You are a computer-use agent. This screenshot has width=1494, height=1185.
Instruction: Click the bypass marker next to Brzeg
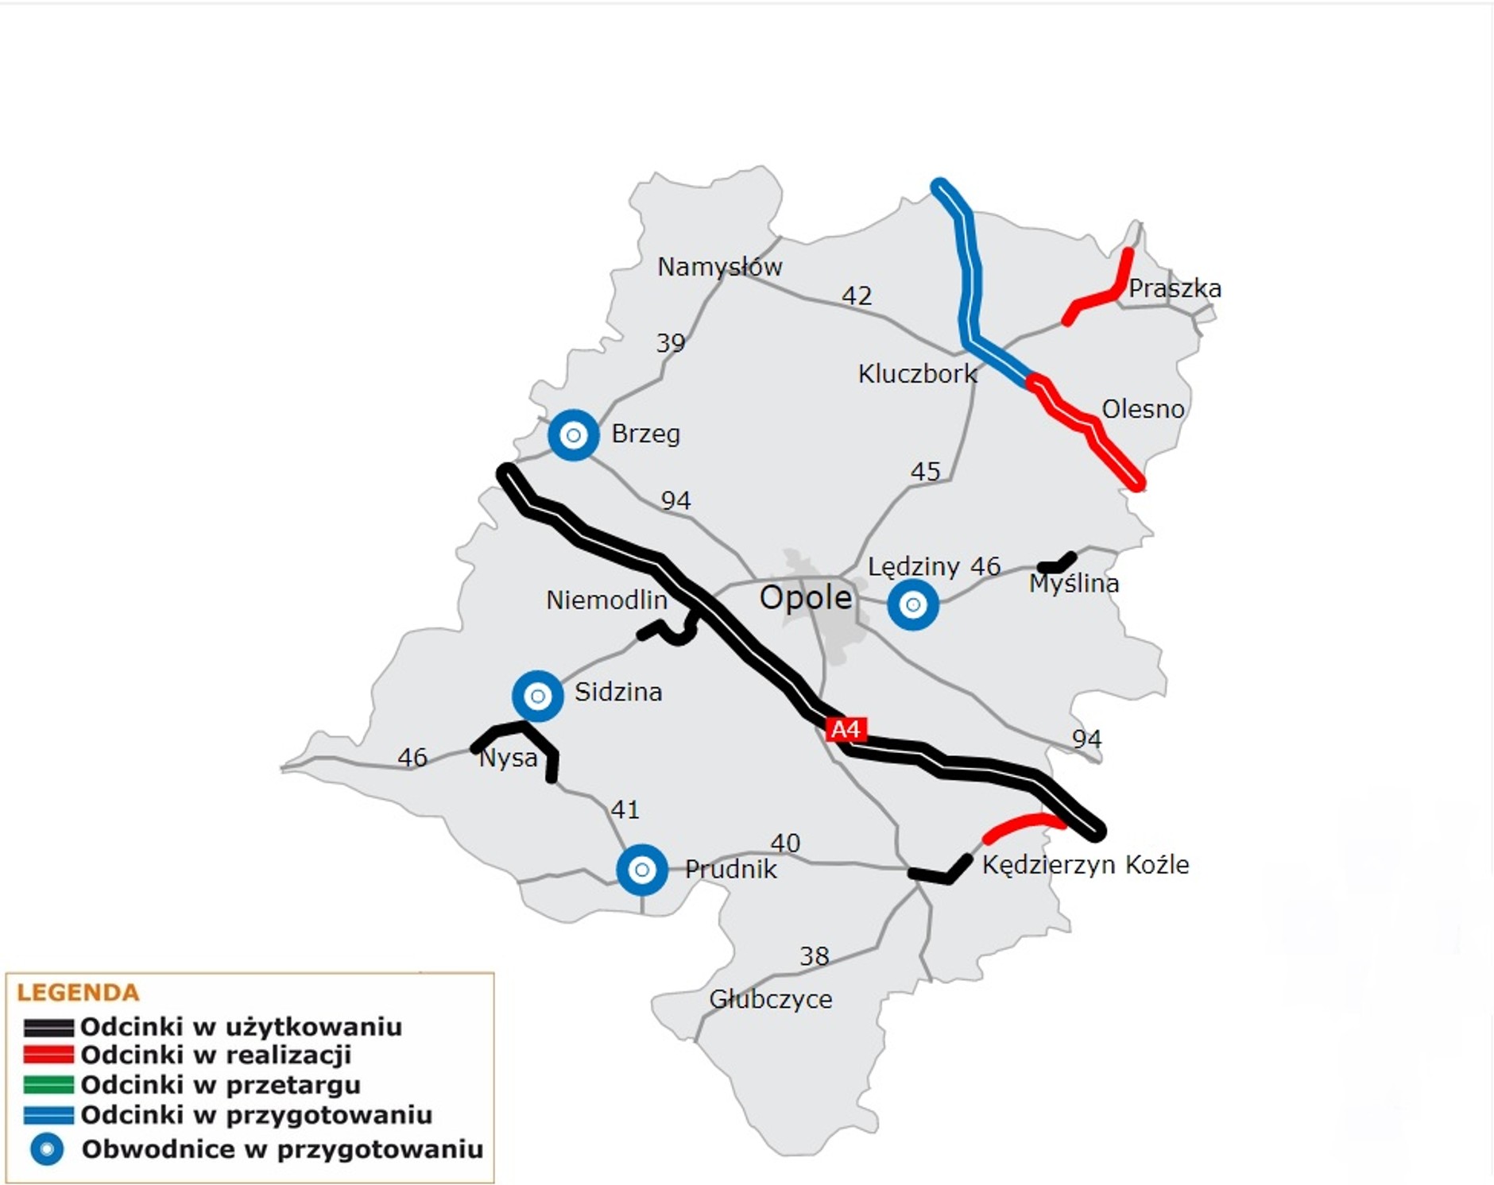click(573, 435)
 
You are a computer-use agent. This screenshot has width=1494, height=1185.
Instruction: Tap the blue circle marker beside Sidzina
click(537, 697)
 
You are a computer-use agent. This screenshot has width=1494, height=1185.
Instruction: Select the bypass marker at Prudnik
click(641, 870)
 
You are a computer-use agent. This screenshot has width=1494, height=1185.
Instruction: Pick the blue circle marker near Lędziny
click(912, 605)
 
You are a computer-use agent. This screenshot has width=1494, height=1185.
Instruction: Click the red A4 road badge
click(845, 729)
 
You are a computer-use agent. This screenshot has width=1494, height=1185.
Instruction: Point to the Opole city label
click(805, 598)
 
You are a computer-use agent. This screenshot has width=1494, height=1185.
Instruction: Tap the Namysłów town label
click(719, 267)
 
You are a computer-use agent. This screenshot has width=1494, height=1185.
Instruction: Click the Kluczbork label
click(917, 374)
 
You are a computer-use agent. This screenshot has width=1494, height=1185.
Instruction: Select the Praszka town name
click(1175, 288)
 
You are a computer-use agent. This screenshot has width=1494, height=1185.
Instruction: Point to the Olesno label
click(1143, 409)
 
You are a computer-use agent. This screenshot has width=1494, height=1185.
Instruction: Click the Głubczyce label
click(770, 999)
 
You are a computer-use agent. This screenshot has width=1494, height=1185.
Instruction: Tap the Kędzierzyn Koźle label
click(1086, 864)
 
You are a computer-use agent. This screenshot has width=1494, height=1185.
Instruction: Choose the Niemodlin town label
click(606, 600)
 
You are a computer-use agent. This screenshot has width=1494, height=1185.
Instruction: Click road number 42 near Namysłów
click(857, 296)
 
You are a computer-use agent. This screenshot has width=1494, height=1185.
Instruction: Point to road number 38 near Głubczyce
click(814, 956)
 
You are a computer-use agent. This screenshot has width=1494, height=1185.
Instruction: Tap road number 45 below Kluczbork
click(925, 472)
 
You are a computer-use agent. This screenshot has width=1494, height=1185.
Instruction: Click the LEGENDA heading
click(78, 993)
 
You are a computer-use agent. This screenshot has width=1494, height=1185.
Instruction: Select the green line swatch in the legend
click(48, 1085)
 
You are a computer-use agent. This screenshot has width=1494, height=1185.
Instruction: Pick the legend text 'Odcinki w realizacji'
click(215, 1056)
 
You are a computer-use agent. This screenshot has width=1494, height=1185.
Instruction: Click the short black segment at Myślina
click(1058, 563)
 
